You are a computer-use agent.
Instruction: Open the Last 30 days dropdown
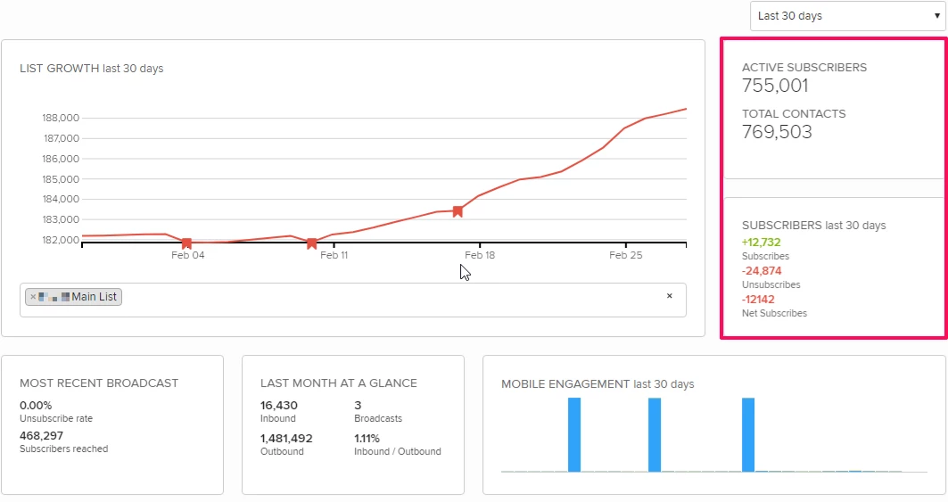[846, 16]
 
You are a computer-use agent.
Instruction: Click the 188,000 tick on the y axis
[61, 118]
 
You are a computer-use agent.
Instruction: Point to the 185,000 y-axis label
[61, 179]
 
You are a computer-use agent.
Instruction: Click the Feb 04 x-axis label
[187, 255]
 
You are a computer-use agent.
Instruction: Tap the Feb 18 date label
[480, 255]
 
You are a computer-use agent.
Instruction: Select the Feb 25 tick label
[625, 255]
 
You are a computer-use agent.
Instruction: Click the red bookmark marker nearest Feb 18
[458, 211]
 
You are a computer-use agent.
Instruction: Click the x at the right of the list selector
[669, 296]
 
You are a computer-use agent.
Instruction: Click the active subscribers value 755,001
[775, 86]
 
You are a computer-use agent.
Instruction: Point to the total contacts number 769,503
[777, 132]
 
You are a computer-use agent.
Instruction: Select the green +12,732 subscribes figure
[761, 242]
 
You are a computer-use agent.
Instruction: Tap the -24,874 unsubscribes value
[762, 270]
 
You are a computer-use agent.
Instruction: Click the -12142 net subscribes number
[758, 299]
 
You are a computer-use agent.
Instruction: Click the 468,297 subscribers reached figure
[41, 435]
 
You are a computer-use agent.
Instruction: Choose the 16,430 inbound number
[279, 405]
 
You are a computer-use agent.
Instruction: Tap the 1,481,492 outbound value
[286, 438]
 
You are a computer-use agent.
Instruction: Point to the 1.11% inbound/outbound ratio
[367, 438]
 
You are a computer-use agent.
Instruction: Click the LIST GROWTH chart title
[91, 69]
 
